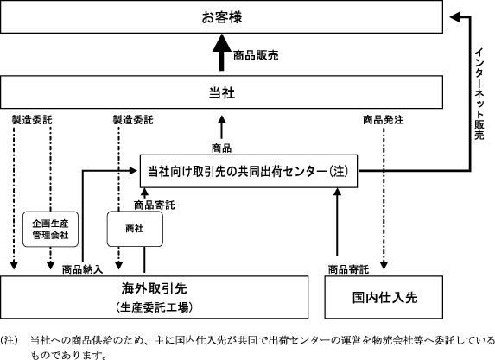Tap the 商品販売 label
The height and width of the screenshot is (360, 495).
[256, 55]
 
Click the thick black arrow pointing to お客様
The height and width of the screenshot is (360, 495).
[222, 53]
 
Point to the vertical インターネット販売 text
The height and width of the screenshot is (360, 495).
[479, 94]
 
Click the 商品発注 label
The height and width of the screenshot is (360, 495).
[384, 120]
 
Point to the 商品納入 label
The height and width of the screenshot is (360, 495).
[82, 269]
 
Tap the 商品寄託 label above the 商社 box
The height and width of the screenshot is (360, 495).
[155, 205]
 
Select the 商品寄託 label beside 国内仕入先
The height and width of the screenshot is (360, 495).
[348, 269]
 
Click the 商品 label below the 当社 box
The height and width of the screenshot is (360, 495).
[222, 148]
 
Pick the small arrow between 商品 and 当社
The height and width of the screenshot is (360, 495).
[222, 127]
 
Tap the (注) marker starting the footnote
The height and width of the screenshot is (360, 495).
[9, 341]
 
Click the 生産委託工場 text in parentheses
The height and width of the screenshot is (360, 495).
[154, 307]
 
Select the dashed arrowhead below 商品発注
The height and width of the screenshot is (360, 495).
[384, 265]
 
